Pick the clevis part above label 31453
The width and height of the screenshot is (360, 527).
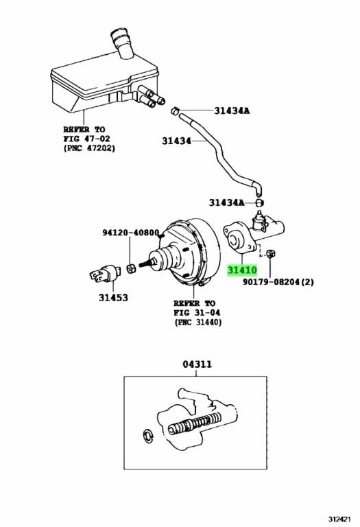pyautogui.click(x=101, y=276)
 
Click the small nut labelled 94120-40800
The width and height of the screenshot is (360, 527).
pyautogui.click(x=131, y=266)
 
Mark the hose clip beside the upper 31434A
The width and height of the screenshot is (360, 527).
pyautogui.click(x=175, y=110)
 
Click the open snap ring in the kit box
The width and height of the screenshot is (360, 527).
pyautogui.click(x=147, y=436)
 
